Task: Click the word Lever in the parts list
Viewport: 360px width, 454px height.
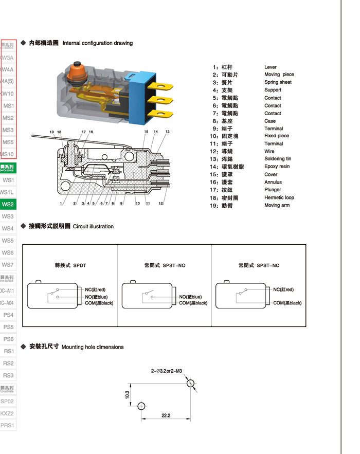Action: pos(271,67)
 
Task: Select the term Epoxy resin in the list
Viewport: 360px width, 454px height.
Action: pos(277,167)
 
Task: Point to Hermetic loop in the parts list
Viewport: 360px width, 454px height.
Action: pos(279,197)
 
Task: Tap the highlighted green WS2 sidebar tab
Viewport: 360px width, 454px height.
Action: pos(8,204)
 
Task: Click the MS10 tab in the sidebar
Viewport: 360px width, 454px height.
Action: pos(8,154)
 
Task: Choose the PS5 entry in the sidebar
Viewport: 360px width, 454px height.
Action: pos(8,327)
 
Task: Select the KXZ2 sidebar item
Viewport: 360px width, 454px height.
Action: pos(7,413)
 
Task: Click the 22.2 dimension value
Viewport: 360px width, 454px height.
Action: pos(166,415)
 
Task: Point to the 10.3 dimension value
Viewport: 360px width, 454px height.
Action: pos(127,395)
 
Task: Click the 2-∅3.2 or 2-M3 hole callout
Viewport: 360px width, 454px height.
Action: pos(167,371)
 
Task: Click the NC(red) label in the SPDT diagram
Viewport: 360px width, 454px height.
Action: pos(96,289)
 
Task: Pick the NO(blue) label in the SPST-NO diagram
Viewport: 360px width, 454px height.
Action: pos(190,297)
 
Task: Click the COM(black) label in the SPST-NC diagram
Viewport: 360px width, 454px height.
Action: pos(287,303)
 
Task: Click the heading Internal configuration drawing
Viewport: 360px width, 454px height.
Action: pos(98,43)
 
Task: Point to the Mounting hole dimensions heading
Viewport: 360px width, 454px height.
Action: pos(93,347)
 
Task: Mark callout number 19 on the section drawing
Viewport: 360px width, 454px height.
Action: pos(52,133)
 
